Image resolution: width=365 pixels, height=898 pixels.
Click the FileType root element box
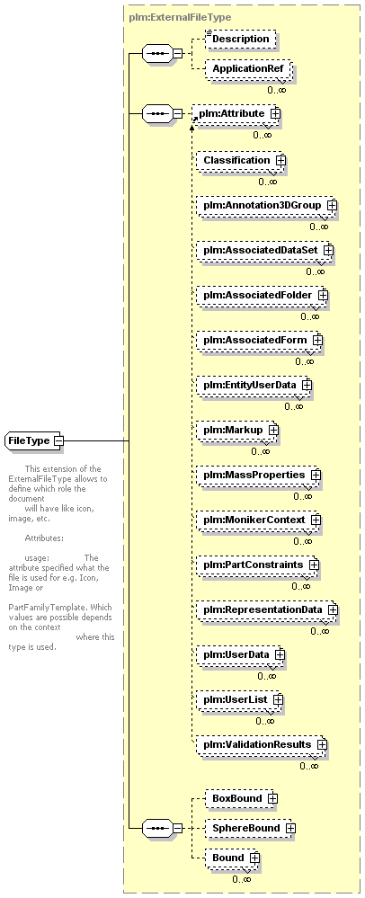(34, 441)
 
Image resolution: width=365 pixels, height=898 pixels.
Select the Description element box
(241, 40)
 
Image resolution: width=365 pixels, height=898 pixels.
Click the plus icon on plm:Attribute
(276, 113)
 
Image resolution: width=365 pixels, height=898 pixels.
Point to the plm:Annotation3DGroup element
(266, 205)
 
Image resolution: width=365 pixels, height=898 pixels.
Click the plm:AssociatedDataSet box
(264, 250)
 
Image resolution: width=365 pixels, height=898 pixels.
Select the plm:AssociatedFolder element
(262, 295)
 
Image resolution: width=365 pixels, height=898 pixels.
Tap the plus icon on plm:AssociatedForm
(317, 340)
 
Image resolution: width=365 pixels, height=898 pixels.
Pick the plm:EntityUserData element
(254, 386)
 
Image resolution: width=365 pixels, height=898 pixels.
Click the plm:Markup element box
(238, 430)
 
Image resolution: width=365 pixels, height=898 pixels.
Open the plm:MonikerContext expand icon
(316, 520)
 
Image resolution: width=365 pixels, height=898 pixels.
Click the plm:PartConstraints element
(257, 565)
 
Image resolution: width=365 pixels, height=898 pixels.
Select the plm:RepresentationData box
(267, 610)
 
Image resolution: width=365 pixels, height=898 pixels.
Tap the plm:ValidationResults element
(262, 745)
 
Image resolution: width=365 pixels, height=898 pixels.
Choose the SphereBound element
(251, 828)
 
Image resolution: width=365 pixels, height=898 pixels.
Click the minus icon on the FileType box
(58, 441)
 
